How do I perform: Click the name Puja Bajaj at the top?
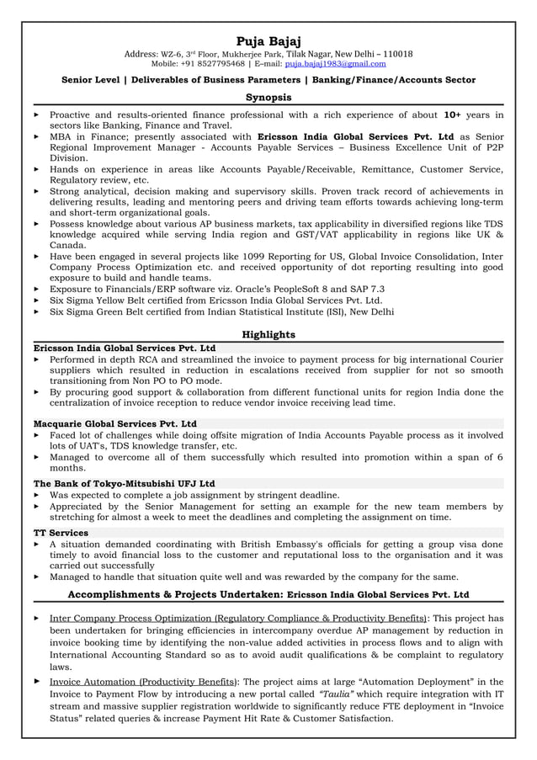coord(268,40)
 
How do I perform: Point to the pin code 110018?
coord(396,53)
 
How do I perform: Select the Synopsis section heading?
coord(268,98)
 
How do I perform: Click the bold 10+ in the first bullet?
coord(452,114)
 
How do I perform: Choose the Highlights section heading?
coord(268,334)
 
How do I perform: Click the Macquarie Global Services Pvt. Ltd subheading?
coord(115,423)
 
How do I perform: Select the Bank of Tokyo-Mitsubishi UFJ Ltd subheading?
coord(124,484)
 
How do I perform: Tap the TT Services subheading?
coord(61,533)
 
